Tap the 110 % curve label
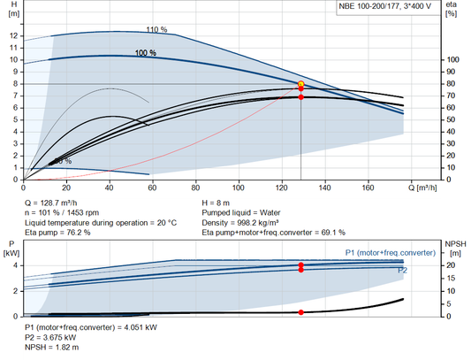156,29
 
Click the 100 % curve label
145,53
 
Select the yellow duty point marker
301,84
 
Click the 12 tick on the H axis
12,36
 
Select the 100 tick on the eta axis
449,60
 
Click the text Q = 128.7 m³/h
57,203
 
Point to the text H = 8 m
220,203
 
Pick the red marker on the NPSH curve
301,312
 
